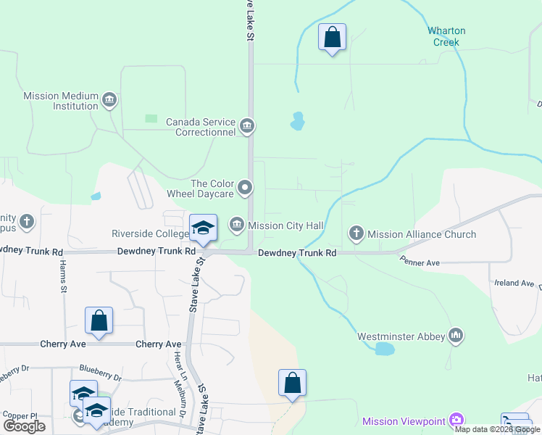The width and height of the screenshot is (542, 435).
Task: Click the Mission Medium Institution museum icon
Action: coord(109,100)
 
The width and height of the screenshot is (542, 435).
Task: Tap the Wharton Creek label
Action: coord(446,36)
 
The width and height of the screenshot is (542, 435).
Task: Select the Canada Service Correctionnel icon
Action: coord(247,127)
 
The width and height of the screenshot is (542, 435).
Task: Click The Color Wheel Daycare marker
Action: coord(245,188)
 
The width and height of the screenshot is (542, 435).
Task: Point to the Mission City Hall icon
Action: coord(237,226)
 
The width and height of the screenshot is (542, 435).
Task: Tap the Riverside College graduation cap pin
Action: coord(204,228)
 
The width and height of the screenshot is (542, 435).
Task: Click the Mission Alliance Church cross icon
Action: coord(356,233)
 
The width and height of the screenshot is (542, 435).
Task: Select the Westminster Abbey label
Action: coord(401,336)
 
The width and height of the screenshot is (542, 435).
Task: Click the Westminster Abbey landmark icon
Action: coord(456,336)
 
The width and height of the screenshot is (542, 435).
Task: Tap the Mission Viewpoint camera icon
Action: coord(456,420)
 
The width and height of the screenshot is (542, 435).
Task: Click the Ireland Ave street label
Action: coord(515,283)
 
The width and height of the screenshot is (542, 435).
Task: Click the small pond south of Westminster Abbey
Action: coord(384,349)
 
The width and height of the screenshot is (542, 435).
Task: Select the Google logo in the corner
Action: coord(24,426)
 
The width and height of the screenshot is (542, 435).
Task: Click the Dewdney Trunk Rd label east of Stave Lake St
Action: coord(298,253)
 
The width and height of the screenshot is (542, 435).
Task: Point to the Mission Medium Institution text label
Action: coord(61,100)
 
